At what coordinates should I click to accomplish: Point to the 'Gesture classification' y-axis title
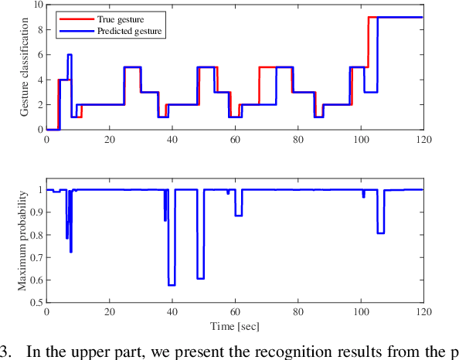(x=27, y=67)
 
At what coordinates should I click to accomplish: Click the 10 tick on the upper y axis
(x=38, y=5)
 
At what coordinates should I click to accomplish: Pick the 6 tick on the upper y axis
(x=40, y=55)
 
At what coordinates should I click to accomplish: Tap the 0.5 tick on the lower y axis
(x=36, y=302)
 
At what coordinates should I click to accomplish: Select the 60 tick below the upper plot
(x=234, y=139)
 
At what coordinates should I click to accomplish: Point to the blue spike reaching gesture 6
(x=70, y=55)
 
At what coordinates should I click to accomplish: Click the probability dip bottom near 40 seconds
(x=172, y=285)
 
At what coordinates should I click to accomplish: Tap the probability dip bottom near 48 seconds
(x=200, y=278)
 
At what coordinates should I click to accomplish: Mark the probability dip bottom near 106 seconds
(x=380, y=233)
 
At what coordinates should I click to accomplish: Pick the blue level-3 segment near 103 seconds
(x=370, y=92)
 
